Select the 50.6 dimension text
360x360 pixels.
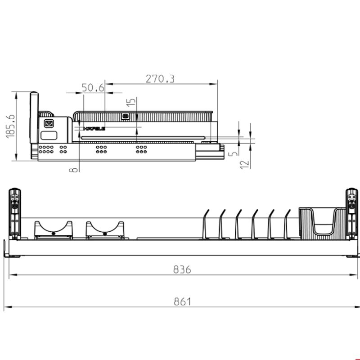[x=93, y=88]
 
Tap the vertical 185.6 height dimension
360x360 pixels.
[x=11, y=126]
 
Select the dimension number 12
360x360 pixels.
[x=244, y=164]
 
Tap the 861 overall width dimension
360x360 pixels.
[x=183, y=301]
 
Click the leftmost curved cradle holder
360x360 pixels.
[x=53, y=229]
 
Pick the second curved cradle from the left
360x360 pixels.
[x=105, y=229]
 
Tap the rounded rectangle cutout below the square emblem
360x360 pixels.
[x=48, y=135]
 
